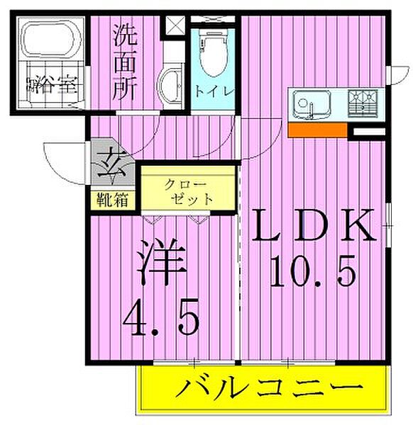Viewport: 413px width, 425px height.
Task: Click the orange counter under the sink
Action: click(317, 130)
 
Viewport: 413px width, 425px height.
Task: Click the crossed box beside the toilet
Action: click(174, 23)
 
